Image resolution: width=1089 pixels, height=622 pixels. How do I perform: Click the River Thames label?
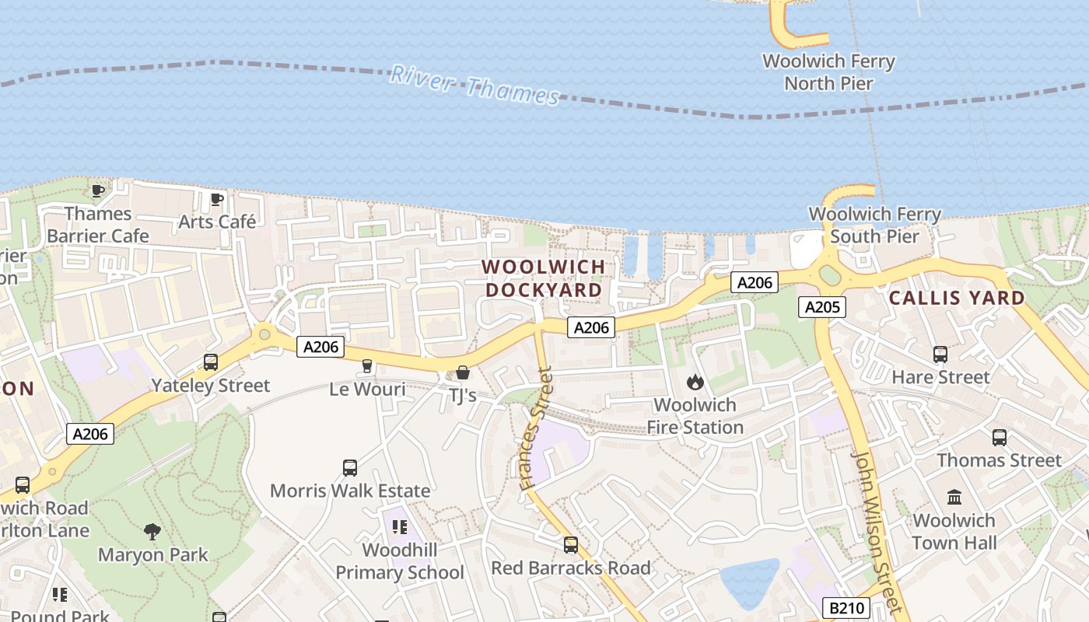click(474, 85)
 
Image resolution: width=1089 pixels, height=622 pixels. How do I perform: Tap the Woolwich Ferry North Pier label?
click(828, 72)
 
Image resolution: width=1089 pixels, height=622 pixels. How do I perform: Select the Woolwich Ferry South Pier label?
click(875, 225)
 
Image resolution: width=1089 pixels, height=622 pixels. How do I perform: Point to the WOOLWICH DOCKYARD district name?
click(543, 278)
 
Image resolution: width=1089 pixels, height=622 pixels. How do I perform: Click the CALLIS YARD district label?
click(957, 298)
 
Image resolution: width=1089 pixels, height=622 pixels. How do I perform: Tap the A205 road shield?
click(821, 307)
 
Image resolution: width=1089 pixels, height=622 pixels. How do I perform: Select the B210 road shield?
click(846, 607)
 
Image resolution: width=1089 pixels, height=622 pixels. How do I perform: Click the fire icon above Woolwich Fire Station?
click(695, 382)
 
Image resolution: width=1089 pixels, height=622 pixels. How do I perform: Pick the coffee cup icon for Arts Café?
click(217, 200)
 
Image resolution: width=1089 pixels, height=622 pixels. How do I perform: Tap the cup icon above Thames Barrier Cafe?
click(98, 190)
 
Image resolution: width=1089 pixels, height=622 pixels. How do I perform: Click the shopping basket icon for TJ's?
click(463, 372)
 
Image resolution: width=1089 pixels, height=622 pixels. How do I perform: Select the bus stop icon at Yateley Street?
click(211, 362)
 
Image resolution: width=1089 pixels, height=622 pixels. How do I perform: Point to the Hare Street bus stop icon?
click(940, 355)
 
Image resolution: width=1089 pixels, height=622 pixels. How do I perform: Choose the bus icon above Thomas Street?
click(1000, 438)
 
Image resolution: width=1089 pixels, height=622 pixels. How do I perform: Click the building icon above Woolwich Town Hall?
click(954, 496)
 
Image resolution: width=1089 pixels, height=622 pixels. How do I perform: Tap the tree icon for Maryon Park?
click(152, 532)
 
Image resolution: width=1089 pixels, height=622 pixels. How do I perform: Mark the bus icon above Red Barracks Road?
click(571, 544)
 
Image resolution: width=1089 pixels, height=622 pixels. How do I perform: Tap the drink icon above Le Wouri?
click(367, 365)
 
